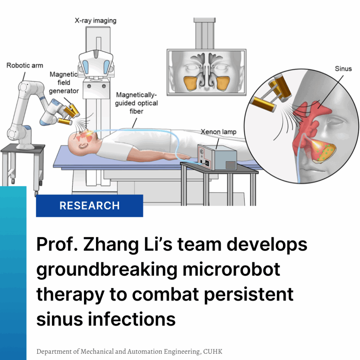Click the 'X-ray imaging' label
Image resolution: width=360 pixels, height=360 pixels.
point(95,20)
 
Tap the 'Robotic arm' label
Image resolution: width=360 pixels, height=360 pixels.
point(25,65)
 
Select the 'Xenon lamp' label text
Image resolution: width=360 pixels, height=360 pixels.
point(218,132)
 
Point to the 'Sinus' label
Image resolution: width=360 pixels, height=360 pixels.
point(343,69)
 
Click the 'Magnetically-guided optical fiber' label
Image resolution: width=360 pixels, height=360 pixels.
point(137,103)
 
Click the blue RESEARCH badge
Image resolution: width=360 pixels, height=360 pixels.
point(89,206)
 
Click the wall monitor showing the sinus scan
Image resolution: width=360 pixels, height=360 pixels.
point(206,72)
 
